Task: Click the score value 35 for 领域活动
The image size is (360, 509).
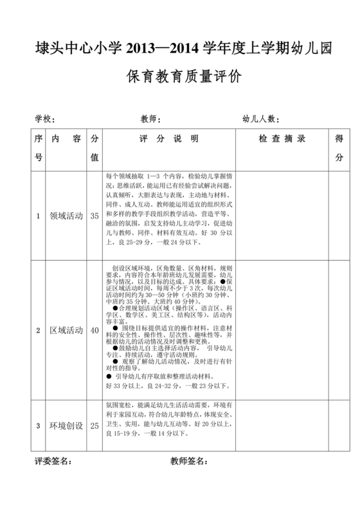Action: point(94,217)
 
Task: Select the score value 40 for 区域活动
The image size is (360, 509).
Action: point(94,330)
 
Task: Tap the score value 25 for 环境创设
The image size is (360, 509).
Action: point(94,425)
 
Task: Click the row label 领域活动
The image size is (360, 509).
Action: point(66,217)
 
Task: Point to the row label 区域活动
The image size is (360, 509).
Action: point(66,330)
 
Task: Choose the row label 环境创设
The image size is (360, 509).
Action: point(66,425)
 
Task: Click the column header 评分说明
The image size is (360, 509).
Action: point(168,139)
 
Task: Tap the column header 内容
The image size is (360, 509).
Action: point(66,139)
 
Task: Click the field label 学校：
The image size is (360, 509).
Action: point(45,119)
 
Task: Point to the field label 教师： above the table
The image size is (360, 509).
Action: point(150,119)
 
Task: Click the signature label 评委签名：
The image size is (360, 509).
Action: point(53,461)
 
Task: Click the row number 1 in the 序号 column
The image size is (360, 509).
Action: point(38,217)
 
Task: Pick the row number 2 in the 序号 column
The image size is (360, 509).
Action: point(38,330)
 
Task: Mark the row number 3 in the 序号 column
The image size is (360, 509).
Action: point(38,425)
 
